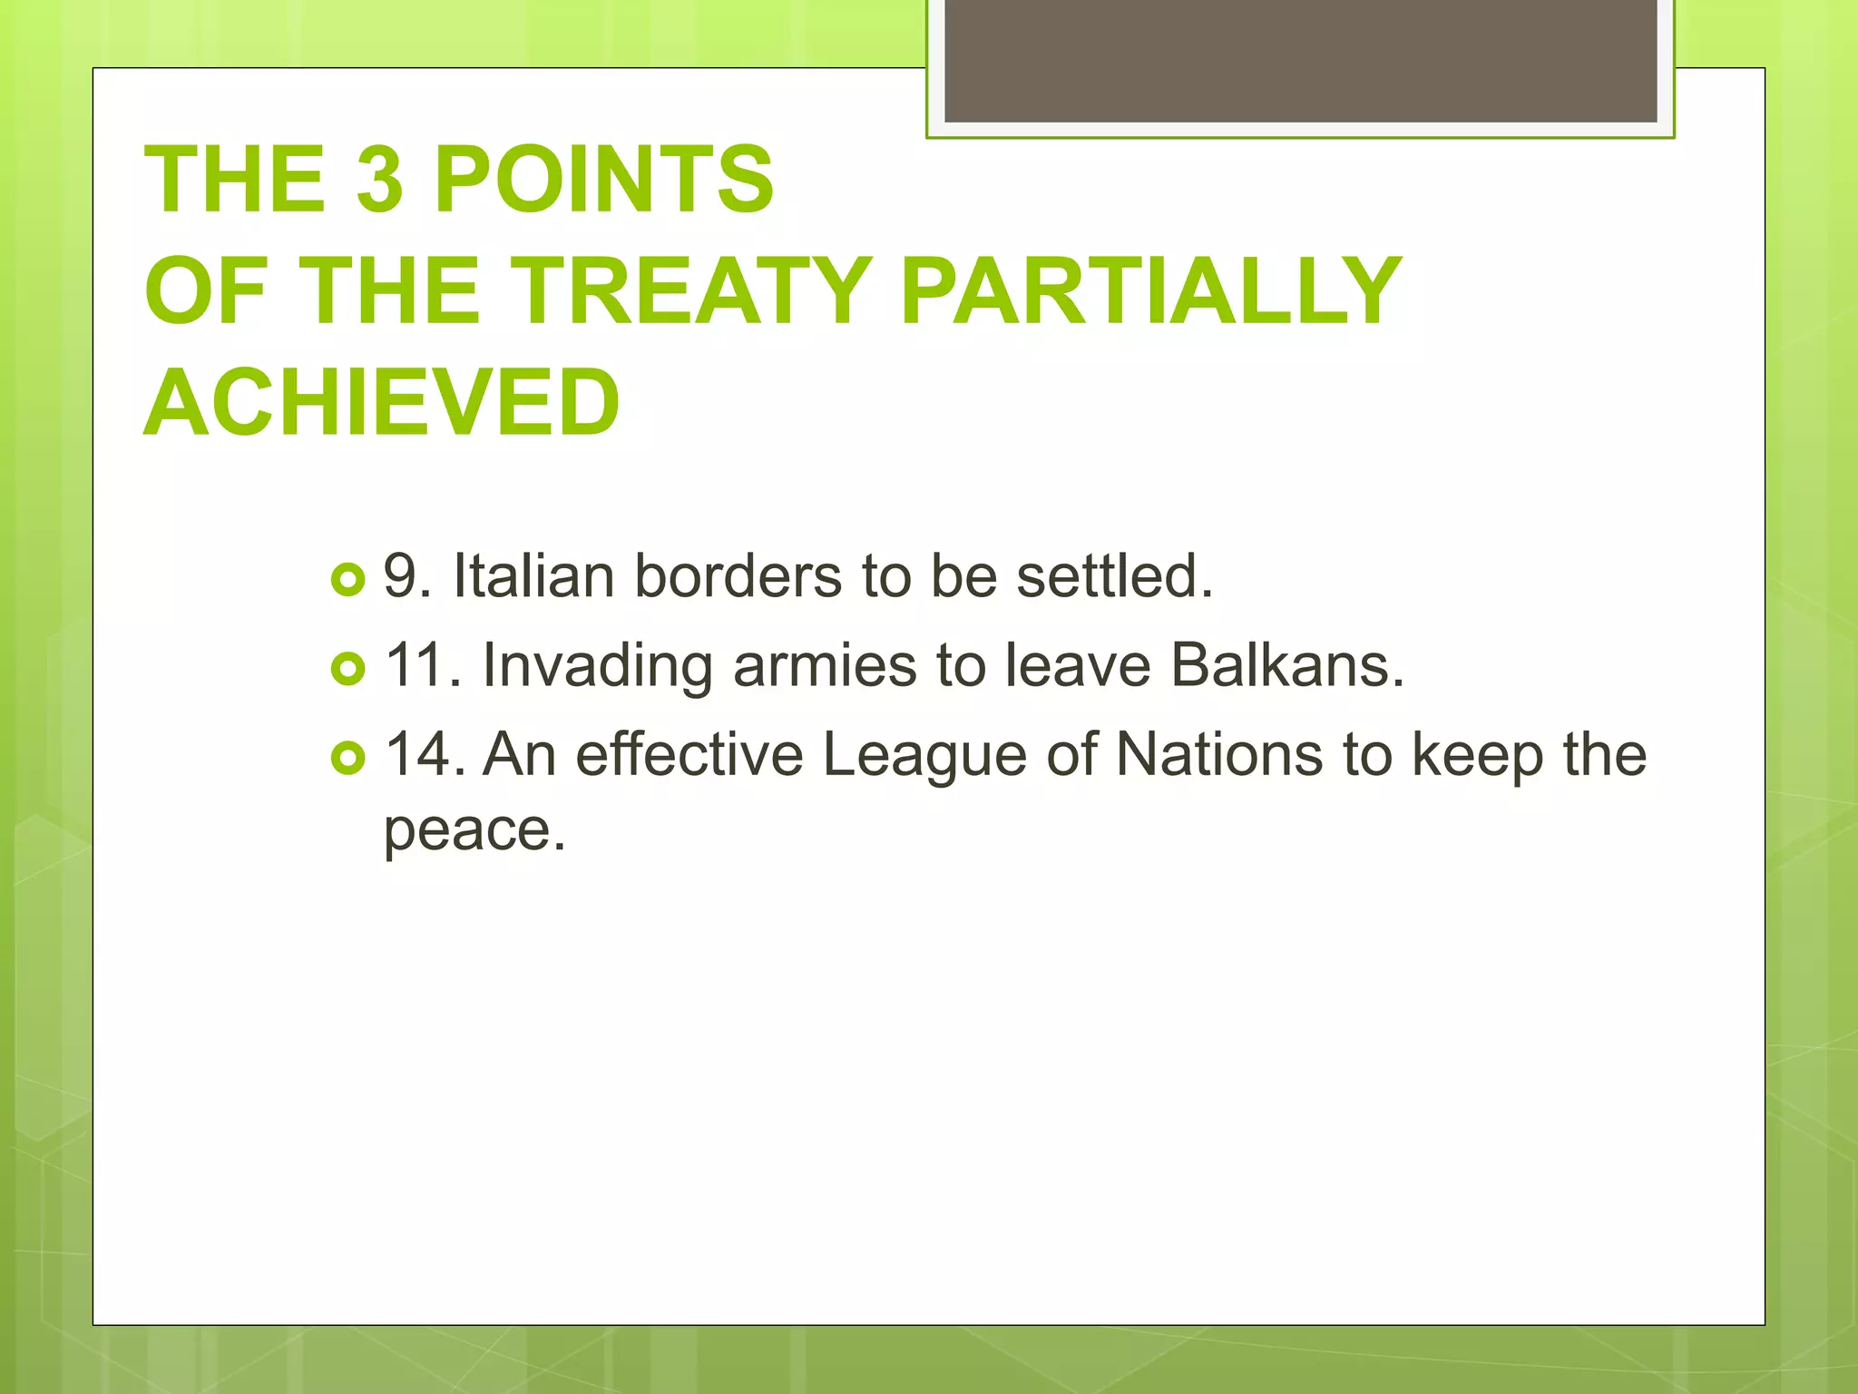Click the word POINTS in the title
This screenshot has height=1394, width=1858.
(603, 180)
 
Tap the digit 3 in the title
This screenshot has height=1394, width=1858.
(379, 180)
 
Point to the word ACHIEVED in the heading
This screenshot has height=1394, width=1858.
(382, 402)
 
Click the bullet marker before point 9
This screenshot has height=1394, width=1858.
(347, 579)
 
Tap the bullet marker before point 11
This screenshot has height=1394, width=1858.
(347, 669)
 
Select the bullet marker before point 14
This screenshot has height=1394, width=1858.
(347, 758)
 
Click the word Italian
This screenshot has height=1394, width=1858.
(533, 575)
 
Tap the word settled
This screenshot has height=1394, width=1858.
(1114, 575)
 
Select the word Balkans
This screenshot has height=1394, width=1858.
(1286, 665)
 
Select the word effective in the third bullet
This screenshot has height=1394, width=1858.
(689, 754)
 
